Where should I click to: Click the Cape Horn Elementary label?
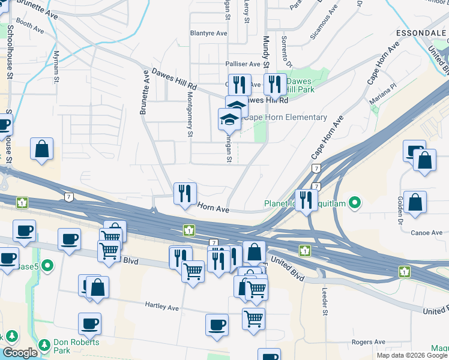point(285,118)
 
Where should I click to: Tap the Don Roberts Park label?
point(74,346)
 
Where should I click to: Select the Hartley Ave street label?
point(162,307)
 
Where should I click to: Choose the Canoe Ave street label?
point(427,233)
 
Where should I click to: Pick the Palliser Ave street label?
point(243,64)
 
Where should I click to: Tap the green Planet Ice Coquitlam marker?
point(355,203)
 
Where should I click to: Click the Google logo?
point(20,353)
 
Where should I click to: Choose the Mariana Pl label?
point(384,96)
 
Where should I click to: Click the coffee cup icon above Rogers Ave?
point(217,325)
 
